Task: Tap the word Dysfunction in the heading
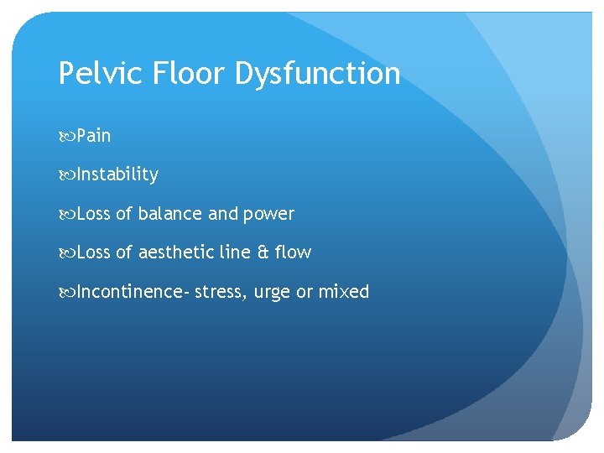(317, 74)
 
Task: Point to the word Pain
(93, 135)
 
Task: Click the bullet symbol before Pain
(66, 136)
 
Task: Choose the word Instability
(117, 174)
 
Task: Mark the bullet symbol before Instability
(66, 175)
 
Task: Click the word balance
(170, 214)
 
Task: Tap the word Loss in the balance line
(92, 214)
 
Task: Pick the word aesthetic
(175, 253)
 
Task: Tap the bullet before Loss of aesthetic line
(66, 253)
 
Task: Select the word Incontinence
(131, 292)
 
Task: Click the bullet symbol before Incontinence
(66, 293)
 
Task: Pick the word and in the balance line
(223, 214)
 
